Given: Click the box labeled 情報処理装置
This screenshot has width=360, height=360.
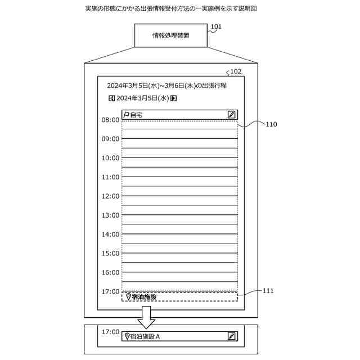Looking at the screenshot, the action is click(x=170, y=35).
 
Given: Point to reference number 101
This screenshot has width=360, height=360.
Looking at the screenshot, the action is click(x=216, y=26).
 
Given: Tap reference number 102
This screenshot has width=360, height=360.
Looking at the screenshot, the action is click(x=236, y=71).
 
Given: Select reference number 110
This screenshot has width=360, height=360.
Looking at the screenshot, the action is click(x=271, y=124).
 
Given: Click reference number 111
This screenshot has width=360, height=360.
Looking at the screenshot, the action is click(x=268, y=290).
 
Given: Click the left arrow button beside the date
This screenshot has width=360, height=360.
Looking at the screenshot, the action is click(x=111, y=98).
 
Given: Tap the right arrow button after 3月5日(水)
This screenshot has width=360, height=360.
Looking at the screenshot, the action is click(x=174, y=98).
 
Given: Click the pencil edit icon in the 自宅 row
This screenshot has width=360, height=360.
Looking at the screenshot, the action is click(x=231, y=114).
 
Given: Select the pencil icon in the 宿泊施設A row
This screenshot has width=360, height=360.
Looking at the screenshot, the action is click(x=231, y=336).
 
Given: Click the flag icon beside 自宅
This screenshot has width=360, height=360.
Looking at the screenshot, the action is click(x=126, y=114).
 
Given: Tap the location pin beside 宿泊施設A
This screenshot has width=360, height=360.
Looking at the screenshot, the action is click(x=126, y=336).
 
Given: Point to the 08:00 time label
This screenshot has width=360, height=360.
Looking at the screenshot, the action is click(x=110, y=120).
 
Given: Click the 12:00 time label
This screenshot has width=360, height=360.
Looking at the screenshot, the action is click(x=110, y=196).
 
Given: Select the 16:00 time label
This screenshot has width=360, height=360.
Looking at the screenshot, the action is click(x=110, y=272).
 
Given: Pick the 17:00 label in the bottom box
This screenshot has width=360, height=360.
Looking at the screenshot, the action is click(x=110, y=332).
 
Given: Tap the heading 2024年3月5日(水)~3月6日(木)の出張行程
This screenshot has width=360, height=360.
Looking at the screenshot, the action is click(x=167, y=85).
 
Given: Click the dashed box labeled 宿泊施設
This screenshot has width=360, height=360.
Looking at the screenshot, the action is click(x=179, y=296).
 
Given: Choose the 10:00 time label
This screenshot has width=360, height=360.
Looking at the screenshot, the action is click(x=110, y=158).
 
